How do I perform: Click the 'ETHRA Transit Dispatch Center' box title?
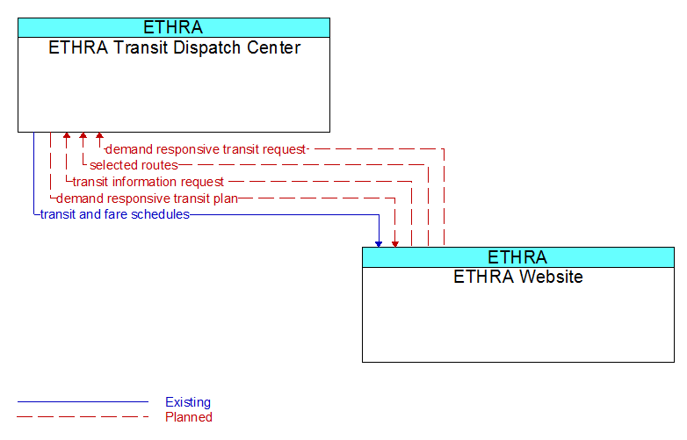pos(174,47)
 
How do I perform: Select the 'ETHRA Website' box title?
pos(518,277)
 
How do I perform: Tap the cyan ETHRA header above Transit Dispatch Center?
pos(174,27)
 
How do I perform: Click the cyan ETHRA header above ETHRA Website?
pos(518,257)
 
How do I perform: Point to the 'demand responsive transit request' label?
pos(206,149)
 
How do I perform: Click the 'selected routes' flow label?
pos(134,165)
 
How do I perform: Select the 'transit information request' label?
pos(148,182)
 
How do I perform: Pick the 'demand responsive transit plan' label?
pos(147,198)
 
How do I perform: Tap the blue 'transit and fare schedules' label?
pos(115,214)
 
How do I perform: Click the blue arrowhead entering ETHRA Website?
pos(379,244)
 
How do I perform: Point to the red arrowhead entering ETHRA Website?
pos(395,244)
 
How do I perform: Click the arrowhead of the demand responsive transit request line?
pos(99,135)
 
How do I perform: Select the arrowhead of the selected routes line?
pos(83,135)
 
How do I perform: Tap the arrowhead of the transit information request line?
pos(67,135)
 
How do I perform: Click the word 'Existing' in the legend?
pos(188,402)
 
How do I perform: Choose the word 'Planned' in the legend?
pos(189,417)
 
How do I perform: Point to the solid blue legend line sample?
pos(83,401)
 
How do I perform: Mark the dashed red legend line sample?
pos(83,417)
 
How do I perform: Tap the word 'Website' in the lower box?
pos(550,277)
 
